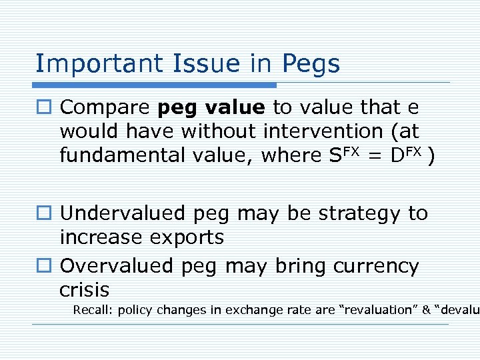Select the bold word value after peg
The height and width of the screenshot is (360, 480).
point(234,107)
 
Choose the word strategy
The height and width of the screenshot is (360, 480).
point(353,214)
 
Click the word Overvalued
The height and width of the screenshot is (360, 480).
point(117,267)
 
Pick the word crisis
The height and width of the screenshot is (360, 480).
point(84,290)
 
